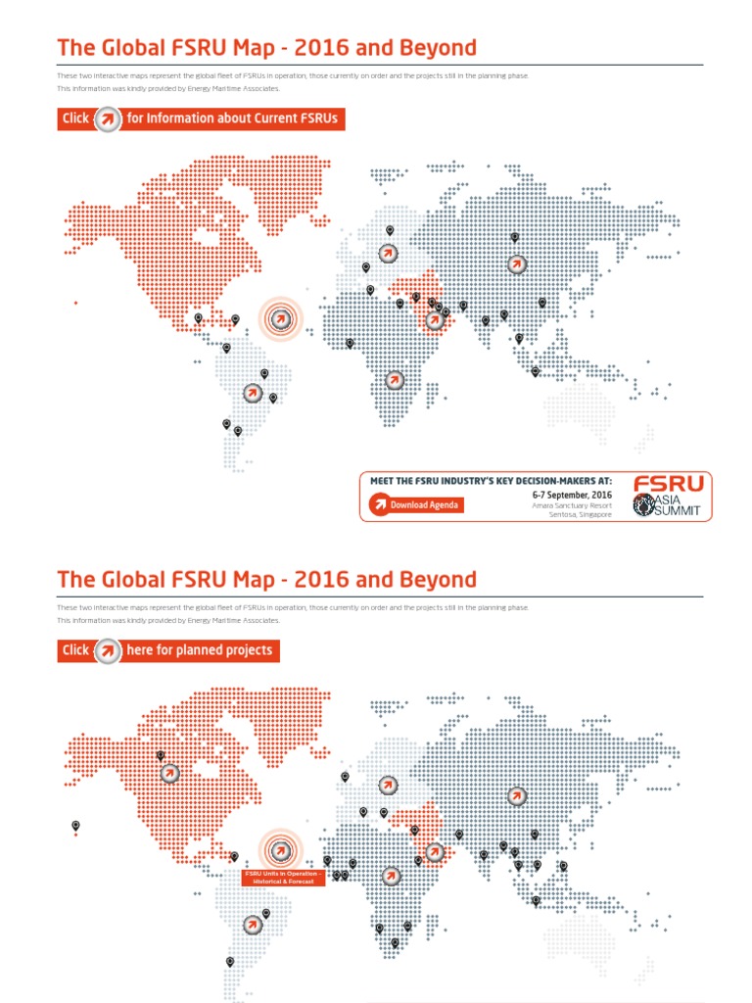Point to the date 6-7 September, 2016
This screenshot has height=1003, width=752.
click(x=572, y=496)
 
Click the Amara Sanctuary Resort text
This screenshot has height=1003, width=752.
click(x=571, y=505)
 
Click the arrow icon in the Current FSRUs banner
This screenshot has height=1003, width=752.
click(x=107, y=119)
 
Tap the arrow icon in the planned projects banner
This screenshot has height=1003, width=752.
click(x=107, y=650)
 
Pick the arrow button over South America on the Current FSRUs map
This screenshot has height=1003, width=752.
click(x=253, y=393)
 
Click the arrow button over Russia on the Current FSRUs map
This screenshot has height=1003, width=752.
click(x=516, y=263)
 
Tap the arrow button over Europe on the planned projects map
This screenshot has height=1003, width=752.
click(x=388, y=785)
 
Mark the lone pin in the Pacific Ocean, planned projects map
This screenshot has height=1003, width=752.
click(x=75, y=826)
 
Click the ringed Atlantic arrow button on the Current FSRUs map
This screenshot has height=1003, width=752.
click(x=280, y=318)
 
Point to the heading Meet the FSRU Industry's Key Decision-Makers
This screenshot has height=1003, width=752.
click(x=491, y=481)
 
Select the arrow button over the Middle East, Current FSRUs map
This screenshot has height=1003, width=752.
click(x=435, y=319)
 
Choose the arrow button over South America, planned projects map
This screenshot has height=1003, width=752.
click(x=253, y=924)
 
